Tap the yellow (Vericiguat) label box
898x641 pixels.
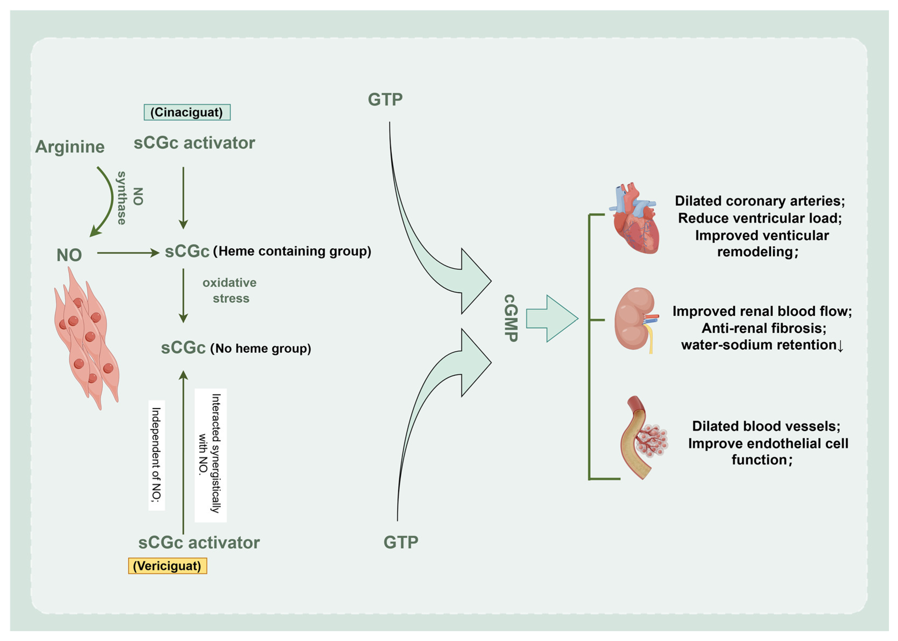pyautogui.click(x=168, y=566)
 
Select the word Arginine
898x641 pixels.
pyautogui.click(x=70, y=147)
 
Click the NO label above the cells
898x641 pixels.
pyautogui.click(x=69, y=255)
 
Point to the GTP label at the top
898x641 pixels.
pyautogui.click(x=385, y=99)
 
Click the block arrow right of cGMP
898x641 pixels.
pyautogui.click(x=552, y=318)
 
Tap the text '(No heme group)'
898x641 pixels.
pyautogui.click(x=261, y=348)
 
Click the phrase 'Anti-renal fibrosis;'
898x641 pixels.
pyautogui.click(x=763, y=328)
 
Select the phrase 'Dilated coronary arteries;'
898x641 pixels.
pyautogui.click(x=759, y=201)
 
